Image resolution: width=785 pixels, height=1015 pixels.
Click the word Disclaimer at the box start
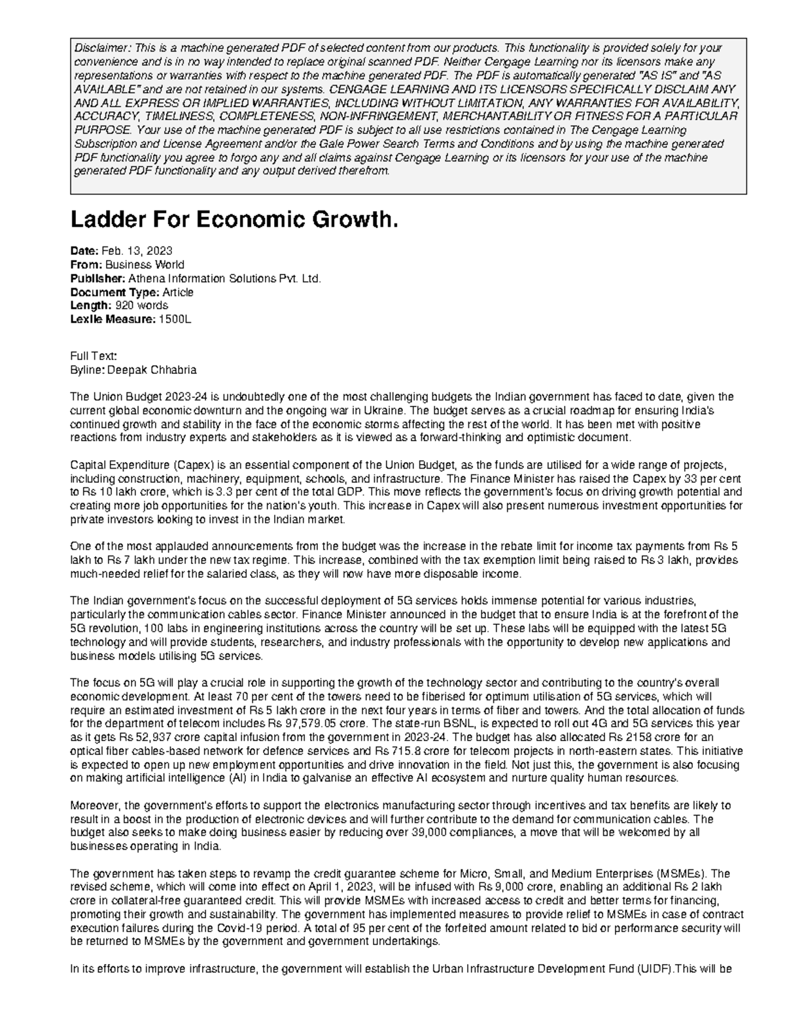97,48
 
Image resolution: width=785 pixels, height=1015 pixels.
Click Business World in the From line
145,265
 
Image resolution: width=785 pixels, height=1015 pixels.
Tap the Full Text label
93,356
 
